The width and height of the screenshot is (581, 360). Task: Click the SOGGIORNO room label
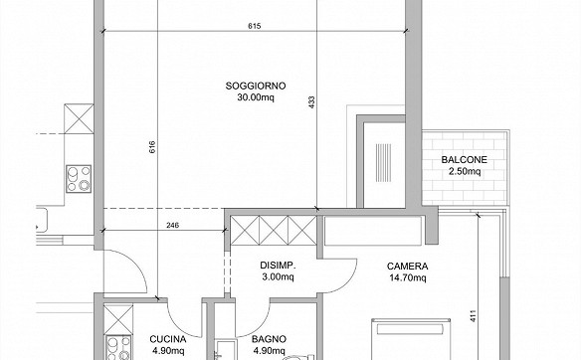tap(256, 86)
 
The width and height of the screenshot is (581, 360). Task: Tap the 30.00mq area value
tap(256, 97)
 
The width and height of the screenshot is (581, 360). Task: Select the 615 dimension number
tap(255, 26)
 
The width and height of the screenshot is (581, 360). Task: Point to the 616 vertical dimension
tap(152, 147)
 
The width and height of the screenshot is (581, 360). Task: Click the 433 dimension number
tap(311, 102)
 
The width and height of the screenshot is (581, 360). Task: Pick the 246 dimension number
tap(172, 225)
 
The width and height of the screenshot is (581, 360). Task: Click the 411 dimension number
tap(473, 315)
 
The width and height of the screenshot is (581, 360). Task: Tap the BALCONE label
tap(465, 160)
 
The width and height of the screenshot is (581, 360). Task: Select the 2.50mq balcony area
tap(465, 171)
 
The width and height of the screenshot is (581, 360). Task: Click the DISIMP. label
tap(278, 266)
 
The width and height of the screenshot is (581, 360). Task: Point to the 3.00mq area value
tap(278, 277)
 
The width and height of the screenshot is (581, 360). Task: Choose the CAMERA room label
tap(408, 266)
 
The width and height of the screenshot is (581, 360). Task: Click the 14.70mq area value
tap(408, 277)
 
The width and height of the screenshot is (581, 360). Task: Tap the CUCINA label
tap(168, 339)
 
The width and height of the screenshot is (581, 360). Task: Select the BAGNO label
tap(269, 339)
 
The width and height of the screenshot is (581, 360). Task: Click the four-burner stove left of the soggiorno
tap(79, 179)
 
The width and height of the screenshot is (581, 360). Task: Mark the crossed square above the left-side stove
tap(79, 119)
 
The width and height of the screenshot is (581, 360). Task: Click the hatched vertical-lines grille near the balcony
tap(383, 163)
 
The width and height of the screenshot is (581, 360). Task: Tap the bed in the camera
tap(411, 339)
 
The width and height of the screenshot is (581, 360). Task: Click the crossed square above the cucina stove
tap(118, 319)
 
